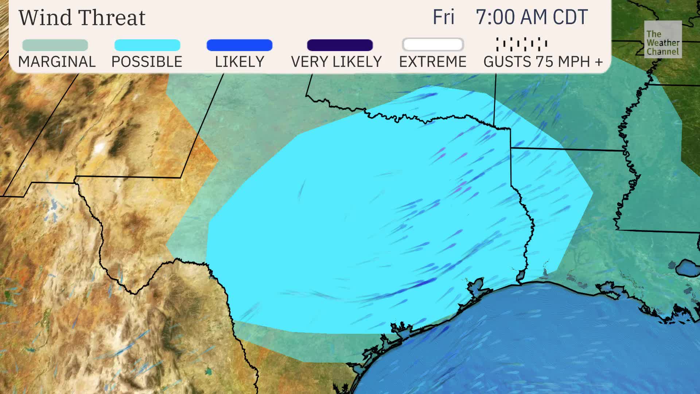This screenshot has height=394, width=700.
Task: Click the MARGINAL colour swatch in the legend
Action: click(55, 45)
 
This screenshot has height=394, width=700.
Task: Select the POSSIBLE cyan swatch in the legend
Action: click(147, 45)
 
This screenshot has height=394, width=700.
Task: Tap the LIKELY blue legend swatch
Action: click(240, 45)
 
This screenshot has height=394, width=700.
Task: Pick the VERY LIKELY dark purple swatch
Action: click(340, 45)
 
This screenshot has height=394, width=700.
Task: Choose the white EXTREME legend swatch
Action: click(433, 45)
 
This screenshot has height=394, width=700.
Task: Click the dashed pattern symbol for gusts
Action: click(522, 44)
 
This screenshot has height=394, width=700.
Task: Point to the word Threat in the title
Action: click(112, 17)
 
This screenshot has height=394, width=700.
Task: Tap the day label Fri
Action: click(443, 17)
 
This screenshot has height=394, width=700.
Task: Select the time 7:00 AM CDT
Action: click(532, 17)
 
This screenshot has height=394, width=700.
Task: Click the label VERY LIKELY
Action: click(336, 62)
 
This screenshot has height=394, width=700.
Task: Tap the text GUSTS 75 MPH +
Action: click(543, 62)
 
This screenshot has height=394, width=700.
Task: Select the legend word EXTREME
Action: click(433, 62)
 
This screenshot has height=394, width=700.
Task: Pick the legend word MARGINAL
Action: click(57, 62)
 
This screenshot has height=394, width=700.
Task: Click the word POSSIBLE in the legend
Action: click(147, 62)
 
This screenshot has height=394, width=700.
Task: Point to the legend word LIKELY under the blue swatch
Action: click(240, 62)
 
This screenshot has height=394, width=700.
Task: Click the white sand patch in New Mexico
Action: click(99, 147)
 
